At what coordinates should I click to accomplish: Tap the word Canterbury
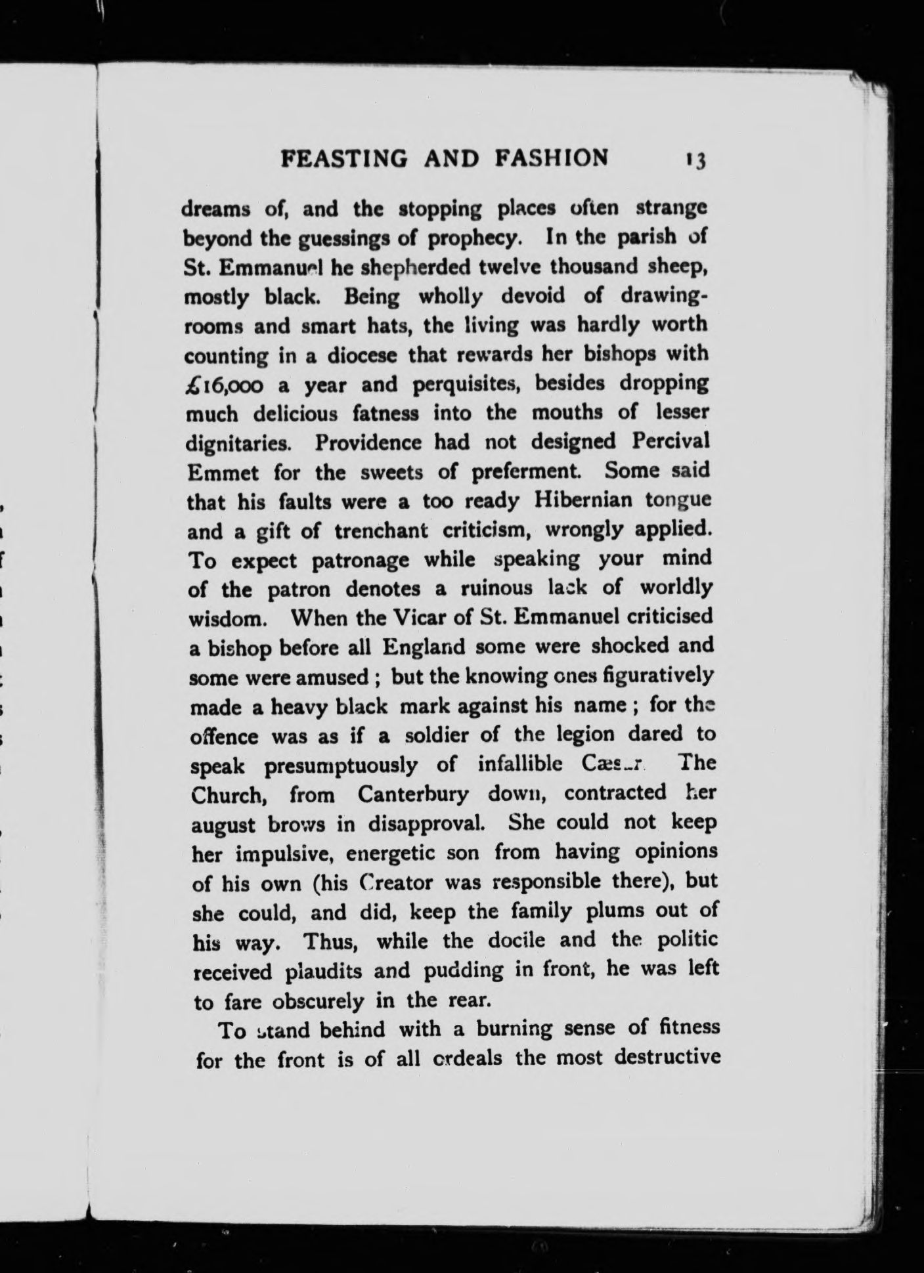click(x=413, y=794)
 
